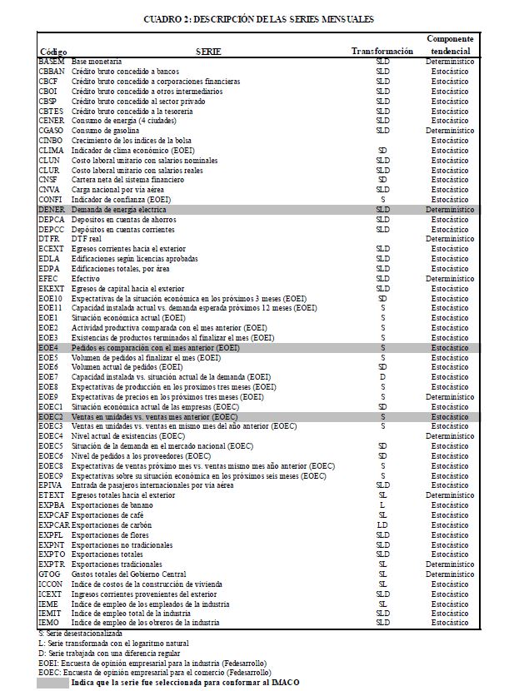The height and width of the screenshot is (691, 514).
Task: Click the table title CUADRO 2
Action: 257,18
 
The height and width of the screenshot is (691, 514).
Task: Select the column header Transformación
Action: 382,52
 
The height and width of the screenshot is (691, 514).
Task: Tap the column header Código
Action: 53,52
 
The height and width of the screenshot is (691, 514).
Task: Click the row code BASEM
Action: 52,62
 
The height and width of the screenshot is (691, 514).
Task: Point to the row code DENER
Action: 52,211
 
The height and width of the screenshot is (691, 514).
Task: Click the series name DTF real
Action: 86,238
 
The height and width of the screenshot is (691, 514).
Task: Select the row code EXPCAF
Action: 54,516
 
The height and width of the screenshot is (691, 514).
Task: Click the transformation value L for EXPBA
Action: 382,505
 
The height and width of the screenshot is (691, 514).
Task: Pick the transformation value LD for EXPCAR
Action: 382,525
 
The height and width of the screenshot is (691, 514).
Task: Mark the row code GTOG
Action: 50,574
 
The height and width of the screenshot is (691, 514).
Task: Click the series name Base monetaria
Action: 97,62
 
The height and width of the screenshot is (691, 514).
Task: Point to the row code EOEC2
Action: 52,416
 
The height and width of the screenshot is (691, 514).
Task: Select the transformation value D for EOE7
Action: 382,376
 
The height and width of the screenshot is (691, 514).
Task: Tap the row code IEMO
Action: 49,622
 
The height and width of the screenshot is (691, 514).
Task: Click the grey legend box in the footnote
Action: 52,683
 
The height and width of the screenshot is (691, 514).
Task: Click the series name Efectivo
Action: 85,278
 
